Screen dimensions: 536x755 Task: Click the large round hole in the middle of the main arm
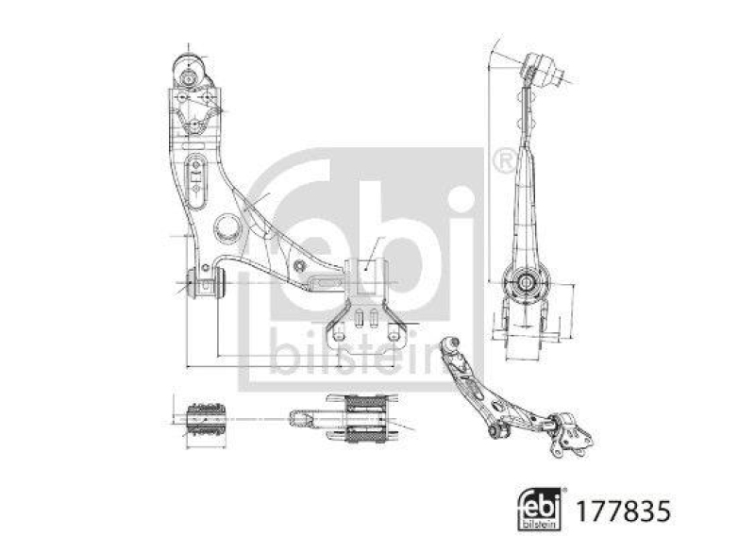coord(226,226)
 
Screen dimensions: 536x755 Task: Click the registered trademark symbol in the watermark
coord(502,160)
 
